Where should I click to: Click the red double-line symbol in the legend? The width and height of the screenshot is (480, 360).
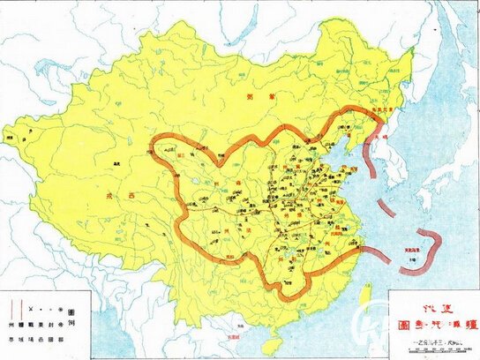point(11,311)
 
